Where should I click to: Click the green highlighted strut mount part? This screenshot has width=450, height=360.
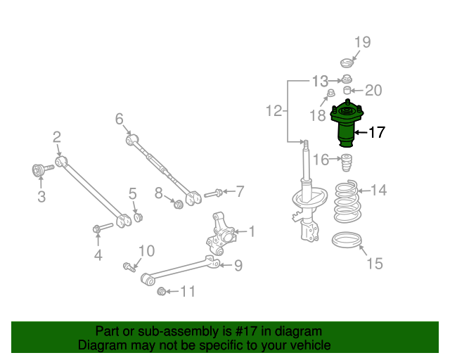click(x=347, y=124)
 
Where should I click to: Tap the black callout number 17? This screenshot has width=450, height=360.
click(x=377, y=132)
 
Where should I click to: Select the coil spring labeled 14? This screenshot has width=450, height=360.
click(x=347, y=201)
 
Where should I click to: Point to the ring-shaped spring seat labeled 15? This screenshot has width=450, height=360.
click(x=347, y=240)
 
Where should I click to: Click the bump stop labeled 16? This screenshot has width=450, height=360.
click(x=347, y=163)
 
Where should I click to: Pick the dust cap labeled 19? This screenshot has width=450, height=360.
click(x=347, y=63)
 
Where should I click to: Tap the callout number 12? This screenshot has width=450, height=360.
click(x=274, y=111)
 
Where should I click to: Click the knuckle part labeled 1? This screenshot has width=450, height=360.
click(x=221, y=234)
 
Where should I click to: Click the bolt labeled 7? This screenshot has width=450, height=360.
click(x=213, y=193)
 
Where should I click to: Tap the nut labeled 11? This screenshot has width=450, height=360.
click(x=162, y=292)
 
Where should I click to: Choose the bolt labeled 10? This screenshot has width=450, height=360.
click(x=129, y=267)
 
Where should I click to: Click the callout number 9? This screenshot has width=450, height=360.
click(x=238, y=266)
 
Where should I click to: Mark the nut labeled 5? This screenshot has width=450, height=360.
click(x=139, y=217)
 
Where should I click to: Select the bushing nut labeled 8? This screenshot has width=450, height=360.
click(x=179, y=205)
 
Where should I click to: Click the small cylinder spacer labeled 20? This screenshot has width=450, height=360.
click(x=347, y=90)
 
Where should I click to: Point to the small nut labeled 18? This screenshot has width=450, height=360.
click(x=331, y=93)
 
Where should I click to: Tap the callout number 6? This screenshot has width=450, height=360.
click(x=119, y=119)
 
